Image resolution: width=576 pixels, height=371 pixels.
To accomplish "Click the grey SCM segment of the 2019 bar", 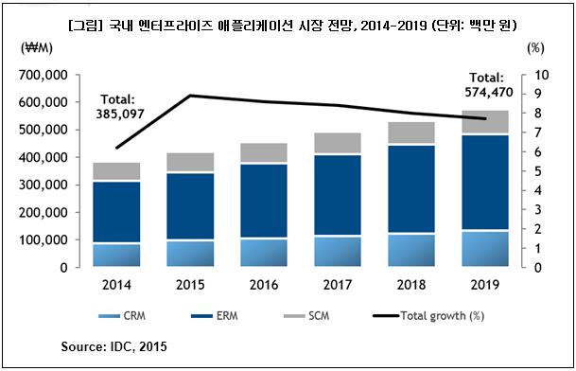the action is pyautogui.click(x=485, y=122).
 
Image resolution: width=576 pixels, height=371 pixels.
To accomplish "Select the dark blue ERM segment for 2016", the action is pyautogui.click(x=264, y=201).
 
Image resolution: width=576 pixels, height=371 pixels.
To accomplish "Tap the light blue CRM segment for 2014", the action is pyautogui.click(x=116, y=256).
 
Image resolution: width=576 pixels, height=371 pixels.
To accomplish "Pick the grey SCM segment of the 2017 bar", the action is pyautogui.click(x=338, y=143).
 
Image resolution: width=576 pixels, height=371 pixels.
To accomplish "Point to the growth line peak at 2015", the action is pyautogui.click(x=190, y=96).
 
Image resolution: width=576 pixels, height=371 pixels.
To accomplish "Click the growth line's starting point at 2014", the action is pyautogui.click(x=116, y=148).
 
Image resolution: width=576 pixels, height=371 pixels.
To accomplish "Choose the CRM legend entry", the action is pyautogui.click(x=122, y=316).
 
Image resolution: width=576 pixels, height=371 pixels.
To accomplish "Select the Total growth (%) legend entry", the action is pyautogui.click(x=428, y=316).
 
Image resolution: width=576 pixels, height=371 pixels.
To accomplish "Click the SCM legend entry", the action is pyautogui.click(x=306, y=316).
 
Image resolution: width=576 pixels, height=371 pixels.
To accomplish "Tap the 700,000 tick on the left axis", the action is pyautogui.click(x=43, y=75).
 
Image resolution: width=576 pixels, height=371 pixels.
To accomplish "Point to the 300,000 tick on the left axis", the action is pyautogui.click(x=43, y=185).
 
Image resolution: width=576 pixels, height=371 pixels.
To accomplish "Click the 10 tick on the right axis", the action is pyautogui.click(x=541, y=75).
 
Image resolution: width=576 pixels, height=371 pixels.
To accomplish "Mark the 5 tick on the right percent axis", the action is pyautogui.click(x=538, y=171).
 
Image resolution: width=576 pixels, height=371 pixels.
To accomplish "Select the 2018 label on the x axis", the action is pyautogui.click(x=411, y=285).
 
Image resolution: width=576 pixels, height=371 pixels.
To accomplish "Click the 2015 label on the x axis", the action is pyautogui.click(x=190, y=285).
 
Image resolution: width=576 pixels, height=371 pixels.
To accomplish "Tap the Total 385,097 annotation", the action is pyautogui.click(x=119, y=107).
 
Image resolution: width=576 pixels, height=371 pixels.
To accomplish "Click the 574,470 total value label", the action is pyautogui.click(x=489, y=93).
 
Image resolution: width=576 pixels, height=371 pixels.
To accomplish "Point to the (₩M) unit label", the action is pyautogui.click(x=37, y=48).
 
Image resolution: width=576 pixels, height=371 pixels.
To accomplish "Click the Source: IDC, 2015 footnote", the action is pyautogui.click(x=113, y=346).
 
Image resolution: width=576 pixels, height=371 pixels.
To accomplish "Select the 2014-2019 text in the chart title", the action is pyautogui.click(x=394, y=26).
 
